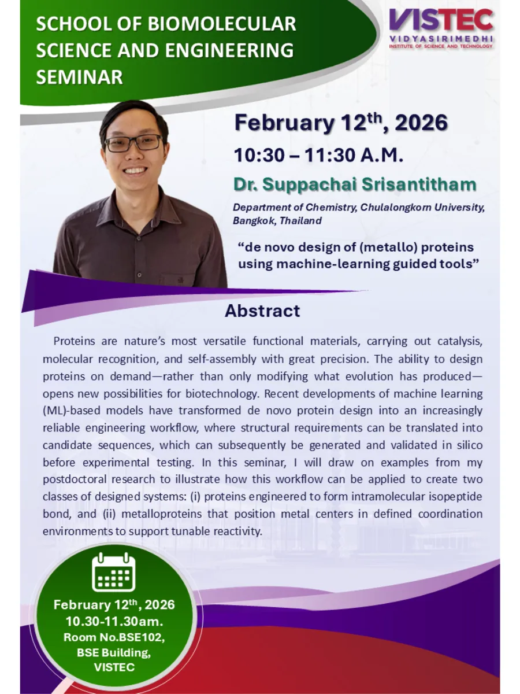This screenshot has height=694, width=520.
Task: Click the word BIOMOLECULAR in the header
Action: point(222,24)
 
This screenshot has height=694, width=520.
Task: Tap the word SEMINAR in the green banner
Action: point(79,77)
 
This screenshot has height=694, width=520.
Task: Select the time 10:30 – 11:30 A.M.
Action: point(318,155)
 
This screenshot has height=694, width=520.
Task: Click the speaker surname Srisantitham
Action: point(419,184)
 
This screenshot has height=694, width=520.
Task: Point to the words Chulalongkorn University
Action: point(422,208)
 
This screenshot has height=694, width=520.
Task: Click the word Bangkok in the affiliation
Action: point(254,220)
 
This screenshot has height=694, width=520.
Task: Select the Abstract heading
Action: point(262,311)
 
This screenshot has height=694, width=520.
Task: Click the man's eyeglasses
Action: point(133,143)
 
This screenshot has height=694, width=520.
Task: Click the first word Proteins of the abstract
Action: point(74,341)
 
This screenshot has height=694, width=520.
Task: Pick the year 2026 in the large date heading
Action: point(421,123)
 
